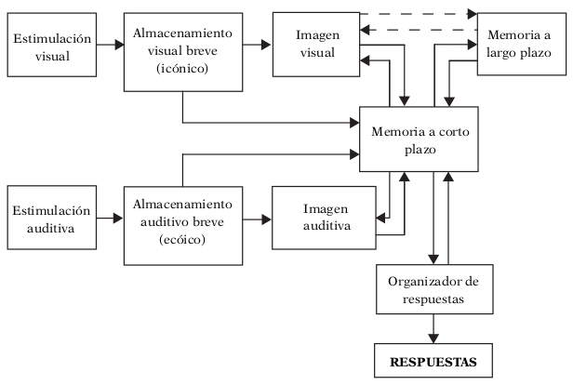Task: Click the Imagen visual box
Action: click(x=315, y=44)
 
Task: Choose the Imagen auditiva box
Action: click(x=315, y=218)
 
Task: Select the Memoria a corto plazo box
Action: click(x=420, y=141)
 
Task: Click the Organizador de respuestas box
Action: click(x=433, y=288)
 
